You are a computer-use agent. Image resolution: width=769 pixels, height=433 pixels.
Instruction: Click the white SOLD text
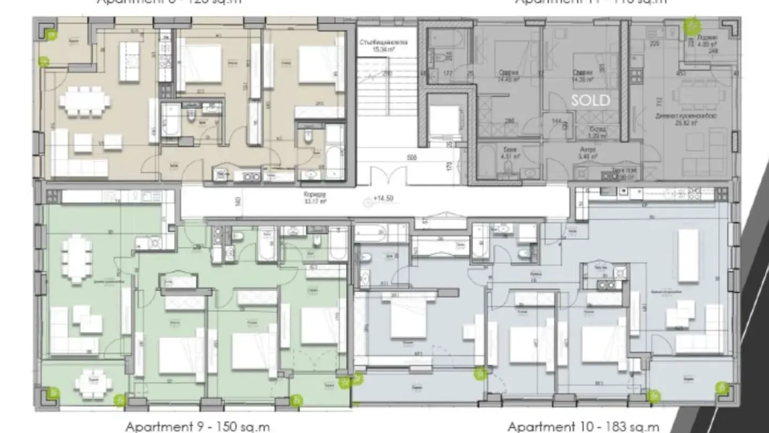pyautogui.click(x=590, y=100)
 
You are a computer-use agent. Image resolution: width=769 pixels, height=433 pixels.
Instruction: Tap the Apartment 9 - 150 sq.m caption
pyautogui.click(x=197, y=427)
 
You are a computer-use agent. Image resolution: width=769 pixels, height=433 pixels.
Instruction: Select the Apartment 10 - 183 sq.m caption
pyautogui.click(x=583, y=427)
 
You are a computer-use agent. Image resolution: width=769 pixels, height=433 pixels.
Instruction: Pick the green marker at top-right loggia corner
pyautogui.click(x=692, y=24)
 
